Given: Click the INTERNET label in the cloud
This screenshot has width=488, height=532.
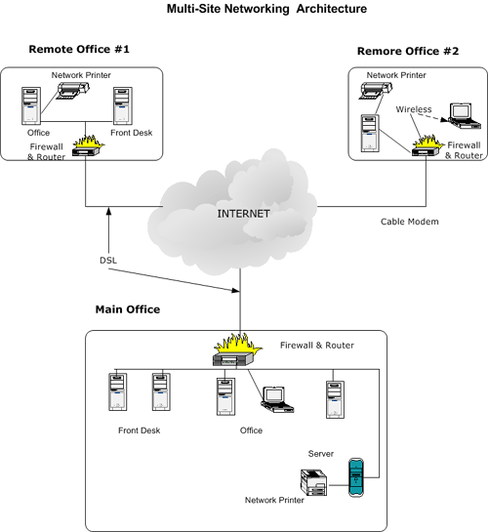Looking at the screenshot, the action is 243,214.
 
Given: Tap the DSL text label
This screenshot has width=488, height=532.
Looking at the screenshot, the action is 108,261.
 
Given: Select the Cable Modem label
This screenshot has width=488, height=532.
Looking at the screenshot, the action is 409,222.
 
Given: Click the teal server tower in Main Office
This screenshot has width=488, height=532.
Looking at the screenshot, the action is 356,477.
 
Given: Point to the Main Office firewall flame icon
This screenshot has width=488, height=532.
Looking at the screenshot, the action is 237,350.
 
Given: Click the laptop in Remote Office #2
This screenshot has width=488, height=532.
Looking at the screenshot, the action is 465,116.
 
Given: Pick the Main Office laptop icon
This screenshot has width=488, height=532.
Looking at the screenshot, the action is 277,399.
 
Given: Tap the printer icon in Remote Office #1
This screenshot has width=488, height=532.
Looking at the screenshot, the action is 72,90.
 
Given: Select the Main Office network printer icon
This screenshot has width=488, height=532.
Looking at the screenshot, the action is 313,482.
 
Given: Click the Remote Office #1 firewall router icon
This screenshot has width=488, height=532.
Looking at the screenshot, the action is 88,146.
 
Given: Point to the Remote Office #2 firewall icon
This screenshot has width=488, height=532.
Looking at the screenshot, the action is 427,145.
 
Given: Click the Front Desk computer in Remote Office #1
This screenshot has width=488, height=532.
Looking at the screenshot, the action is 122,105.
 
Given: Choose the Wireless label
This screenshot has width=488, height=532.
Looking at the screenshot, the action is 414,109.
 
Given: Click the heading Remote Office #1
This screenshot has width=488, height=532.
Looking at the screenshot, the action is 79,49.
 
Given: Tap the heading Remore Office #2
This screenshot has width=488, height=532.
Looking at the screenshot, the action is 408,51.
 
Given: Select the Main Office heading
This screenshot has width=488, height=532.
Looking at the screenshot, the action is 128,309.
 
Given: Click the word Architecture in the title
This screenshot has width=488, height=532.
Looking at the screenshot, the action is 331,9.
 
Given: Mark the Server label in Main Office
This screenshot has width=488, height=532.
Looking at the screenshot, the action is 321,454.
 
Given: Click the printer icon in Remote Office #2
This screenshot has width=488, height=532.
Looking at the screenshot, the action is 376,90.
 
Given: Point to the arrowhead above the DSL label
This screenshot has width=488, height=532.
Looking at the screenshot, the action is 109,211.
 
